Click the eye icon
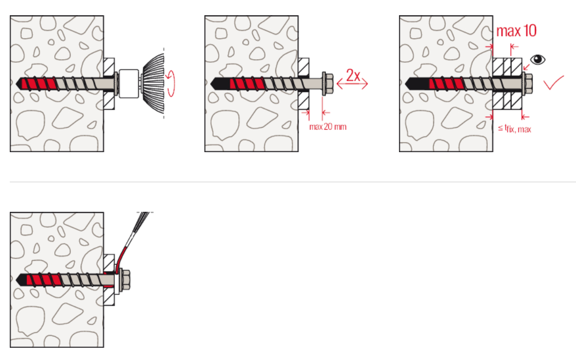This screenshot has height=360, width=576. (x=538, y=60)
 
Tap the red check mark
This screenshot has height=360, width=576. (x=554, y=83)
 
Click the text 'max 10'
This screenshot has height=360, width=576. (x=516, y=31)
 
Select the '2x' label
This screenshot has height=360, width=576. (x=353, y=75)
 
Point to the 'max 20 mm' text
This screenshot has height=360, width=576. (x=328, y=127)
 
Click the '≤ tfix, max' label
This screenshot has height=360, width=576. (x=514, y=129)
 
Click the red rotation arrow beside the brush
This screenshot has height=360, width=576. (x=171, y=83)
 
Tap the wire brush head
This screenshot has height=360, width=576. (x=153, y=83)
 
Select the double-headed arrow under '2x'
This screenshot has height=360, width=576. (x=352, y=85)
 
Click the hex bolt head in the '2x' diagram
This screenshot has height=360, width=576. (x=327, y=84)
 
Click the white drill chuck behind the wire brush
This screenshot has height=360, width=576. (x=129, y=84)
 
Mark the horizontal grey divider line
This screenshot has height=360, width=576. (x=293, y=181)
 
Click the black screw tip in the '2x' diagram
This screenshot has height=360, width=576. (x=220, y=84)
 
